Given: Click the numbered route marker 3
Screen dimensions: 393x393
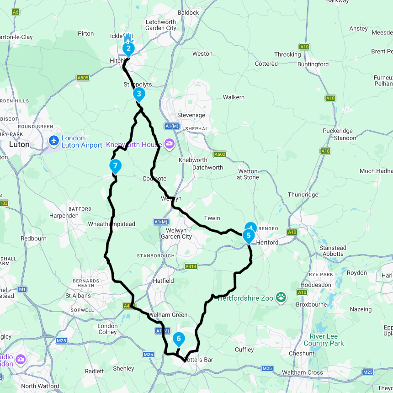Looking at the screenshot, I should (x=139, y=94).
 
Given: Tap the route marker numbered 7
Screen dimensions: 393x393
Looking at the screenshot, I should (x=115, y=165).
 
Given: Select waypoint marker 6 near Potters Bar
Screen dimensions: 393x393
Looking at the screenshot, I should (x=179, y=339).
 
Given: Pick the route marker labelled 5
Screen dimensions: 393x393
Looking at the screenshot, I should (x=248, y=236).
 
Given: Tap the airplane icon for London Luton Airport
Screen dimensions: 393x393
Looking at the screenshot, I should (x=54, y=140).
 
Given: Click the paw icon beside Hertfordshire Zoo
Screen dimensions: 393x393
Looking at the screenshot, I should (x=281, y=298).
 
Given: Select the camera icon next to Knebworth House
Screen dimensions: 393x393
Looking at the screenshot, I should (x=170, y=144).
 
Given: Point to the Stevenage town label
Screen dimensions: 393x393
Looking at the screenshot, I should (x=191, y=115).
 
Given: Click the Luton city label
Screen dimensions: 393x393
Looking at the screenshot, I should (x=19, y=144).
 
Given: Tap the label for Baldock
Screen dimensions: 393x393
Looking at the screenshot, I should (x=188, y=12).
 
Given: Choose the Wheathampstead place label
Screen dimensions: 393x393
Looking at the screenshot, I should (x=112, y=224).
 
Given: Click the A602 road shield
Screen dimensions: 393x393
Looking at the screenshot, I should (x=220, y=154).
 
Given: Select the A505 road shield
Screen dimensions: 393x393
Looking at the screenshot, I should (x=83, y=78).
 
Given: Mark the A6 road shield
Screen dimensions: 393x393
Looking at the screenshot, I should (x=16, y=12).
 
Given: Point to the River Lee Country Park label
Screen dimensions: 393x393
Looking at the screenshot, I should (x=324, y=340).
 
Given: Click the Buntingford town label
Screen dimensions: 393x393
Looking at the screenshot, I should (x=313, y=64).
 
